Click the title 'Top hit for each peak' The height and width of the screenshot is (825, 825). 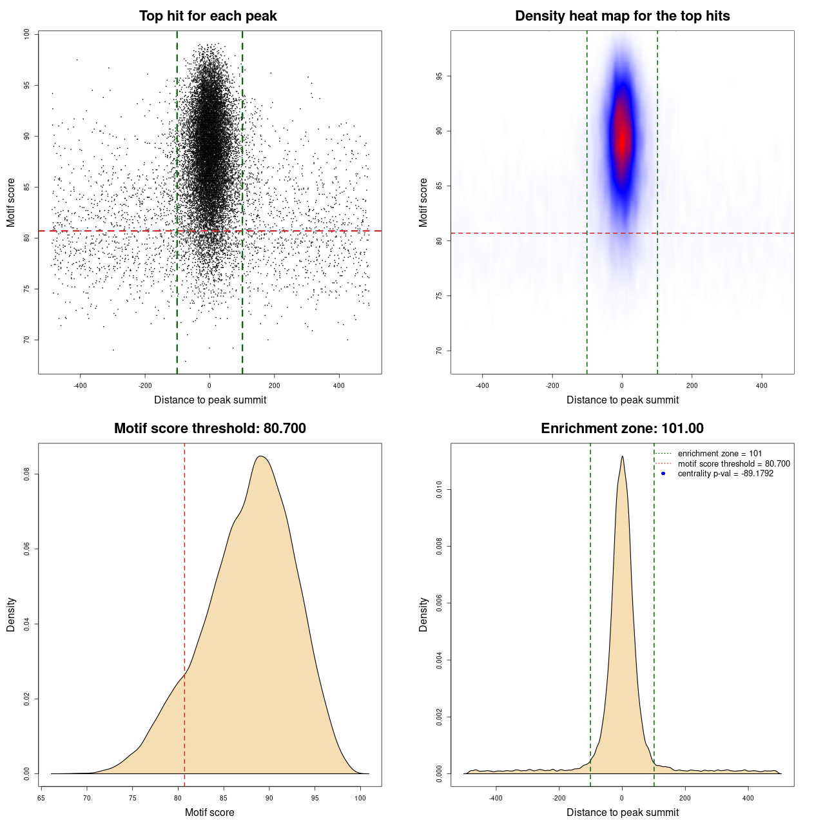208,16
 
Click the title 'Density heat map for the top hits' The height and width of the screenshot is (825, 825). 622,16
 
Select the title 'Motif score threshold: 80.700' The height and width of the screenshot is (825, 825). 209,429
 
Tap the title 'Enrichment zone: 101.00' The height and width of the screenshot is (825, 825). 622,429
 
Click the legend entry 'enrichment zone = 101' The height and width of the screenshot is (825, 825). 719,454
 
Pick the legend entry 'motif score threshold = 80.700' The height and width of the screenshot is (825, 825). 733,463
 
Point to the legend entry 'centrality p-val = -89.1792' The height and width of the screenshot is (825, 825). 725,474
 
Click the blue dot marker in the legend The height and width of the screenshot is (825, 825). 663,474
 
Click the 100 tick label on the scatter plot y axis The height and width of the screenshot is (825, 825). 27,34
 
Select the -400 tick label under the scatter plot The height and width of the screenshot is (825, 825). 80,385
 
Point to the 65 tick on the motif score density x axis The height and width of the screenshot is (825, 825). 42,798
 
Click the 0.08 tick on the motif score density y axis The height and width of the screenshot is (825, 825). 27,474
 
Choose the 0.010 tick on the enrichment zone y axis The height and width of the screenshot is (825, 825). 440,490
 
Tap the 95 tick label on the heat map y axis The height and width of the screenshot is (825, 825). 440,76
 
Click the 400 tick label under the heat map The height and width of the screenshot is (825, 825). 762,385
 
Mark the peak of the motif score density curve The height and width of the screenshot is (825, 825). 260,456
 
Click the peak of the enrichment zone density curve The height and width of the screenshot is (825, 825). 622,456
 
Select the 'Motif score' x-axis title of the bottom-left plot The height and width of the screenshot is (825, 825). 209,812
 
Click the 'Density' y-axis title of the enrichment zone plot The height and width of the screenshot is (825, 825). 423,614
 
